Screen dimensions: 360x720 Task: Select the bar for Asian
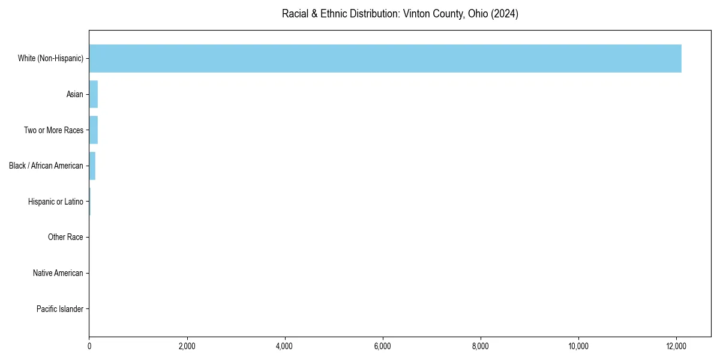(x=94, y=94)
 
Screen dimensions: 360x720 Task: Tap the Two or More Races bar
(x=94, y=130)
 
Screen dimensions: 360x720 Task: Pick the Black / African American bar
(x=92, y=166)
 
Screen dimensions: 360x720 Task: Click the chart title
(x=400, y=14)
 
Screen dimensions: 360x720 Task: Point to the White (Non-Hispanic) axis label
(x=50, y=58)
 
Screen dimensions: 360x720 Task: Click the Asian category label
(x=75, y=94)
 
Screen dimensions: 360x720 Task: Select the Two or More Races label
(x=53, y=130)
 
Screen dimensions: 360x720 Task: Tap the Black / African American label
(x=46, y=166)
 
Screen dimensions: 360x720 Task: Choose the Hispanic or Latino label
(x=56, y=202)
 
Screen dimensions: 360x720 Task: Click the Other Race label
(x=65, y=238)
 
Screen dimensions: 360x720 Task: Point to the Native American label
(x=58, y=273)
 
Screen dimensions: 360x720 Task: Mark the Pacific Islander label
(x=60, y=309)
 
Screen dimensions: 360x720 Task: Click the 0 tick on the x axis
(x=89, y=346)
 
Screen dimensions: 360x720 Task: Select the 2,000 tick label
(x=187, y=346)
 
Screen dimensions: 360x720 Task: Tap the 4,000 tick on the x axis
(x=285, y=346)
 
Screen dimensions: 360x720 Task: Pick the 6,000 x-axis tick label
(x=383, y=346)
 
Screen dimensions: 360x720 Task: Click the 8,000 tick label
(x=481, y=346)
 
